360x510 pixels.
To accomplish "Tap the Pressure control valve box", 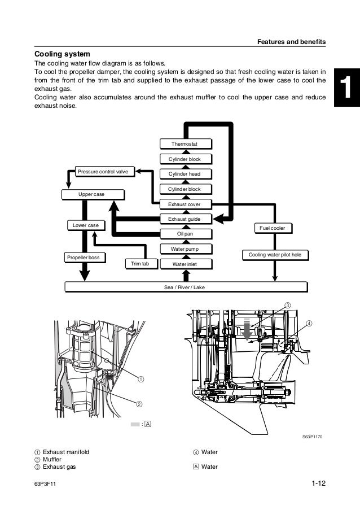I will click(x=103, y=170).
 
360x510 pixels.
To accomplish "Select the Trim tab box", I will click(x=141, y=264).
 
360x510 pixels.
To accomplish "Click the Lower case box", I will click(x=86, y=225).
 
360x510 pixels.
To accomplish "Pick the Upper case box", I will click(x=91, y=194).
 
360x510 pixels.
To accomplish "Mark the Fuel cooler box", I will click(x=273, y=228).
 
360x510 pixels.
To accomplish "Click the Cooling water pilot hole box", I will click(x=275, y=255).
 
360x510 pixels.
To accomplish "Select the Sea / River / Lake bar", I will click(x=186, y=287).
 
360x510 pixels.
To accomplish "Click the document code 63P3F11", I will click(x=47, y=485).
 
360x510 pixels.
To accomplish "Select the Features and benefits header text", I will click(x=291, y=42).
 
